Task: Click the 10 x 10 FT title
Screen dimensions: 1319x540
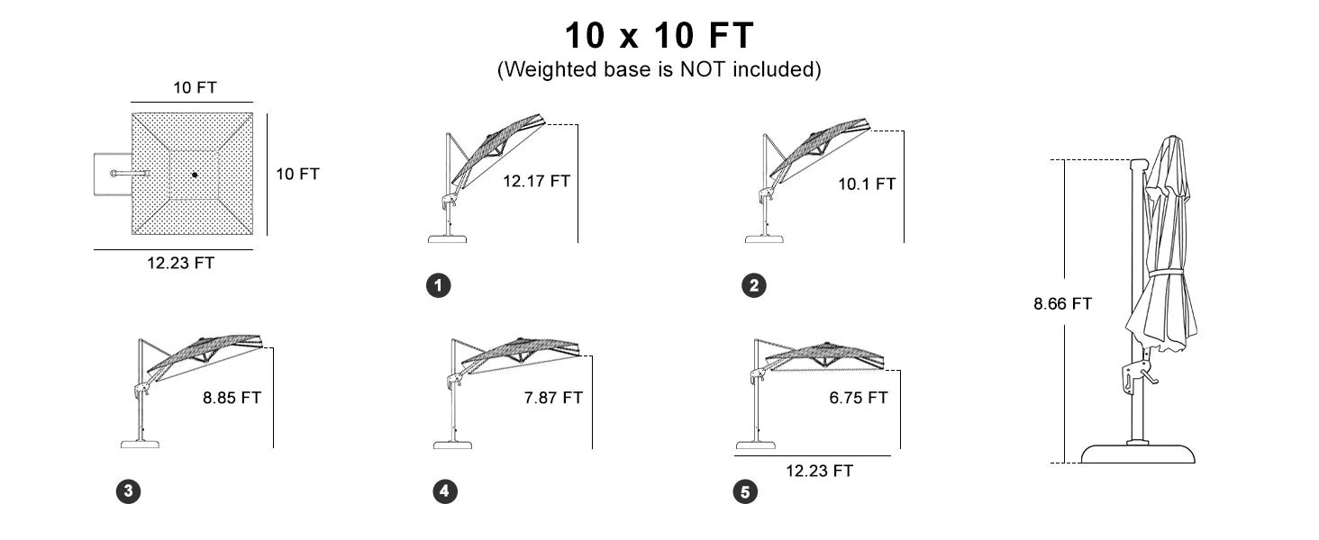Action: pos(659,35)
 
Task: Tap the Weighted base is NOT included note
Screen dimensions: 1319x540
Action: pos(659,69)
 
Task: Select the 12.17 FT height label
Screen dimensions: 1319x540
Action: pos(536,181)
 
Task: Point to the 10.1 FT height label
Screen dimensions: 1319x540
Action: pos(867,184)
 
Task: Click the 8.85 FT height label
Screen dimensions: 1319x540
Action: pos(232,398)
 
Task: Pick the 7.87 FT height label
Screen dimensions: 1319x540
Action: pos(553,398)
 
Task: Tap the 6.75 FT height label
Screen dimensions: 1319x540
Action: pos(859,398)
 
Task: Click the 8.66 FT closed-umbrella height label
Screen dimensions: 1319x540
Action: pos(1063,303)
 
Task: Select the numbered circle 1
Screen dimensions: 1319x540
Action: pos(438,286)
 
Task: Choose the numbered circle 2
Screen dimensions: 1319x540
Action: pos(754,286)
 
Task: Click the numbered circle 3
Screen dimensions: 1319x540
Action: pos(128,491)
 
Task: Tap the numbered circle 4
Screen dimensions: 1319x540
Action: pos(444,491)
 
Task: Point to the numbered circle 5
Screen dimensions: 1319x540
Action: pos(745,491)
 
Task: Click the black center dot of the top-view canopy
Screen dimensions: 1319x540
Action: pos(195,175)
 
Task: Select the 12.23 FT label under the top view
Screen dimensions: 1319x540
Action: pos(180,263)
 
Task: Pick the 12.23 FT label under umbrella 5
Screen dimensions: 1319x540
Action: pos(819,471)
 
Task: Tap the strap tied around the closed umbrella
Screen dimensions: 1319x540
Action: pos(1166,274)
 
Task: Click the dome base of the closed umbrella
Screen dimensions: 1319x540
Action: pos(1138,454)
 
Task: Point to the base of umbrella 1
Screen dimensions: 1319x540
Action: pos(448,238)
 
